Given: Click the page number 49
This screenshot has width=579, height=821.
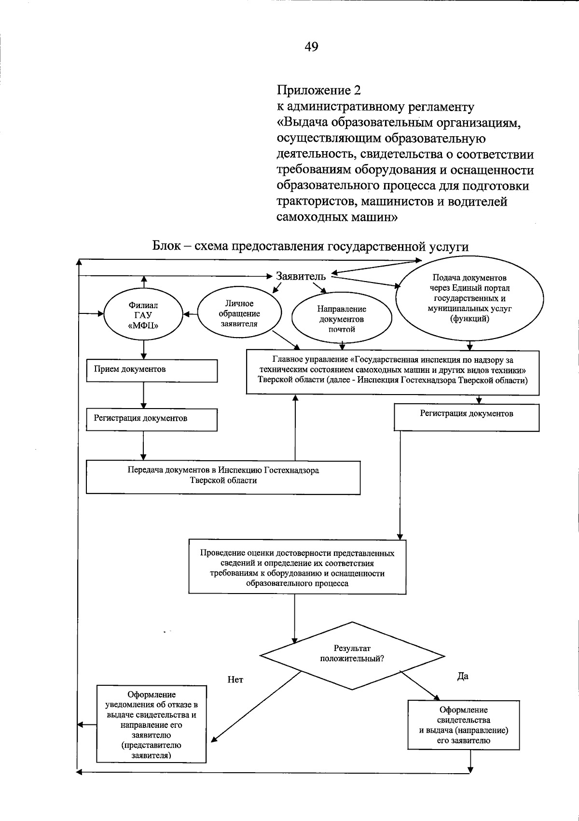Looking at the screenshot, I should point(311,46).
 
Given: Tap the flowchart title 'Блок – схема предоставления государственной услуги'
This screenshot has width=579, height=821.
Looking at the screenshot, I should point(310,246).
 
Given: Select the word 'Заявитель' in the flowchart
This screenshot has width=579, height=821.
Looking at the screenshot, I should point(301,276).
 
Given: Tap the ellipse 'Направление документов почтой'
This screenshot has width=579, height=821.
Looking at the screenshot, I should point(342,319).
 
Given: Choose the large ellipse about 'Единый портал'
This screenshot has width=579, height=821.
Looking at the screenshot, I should point(469,298).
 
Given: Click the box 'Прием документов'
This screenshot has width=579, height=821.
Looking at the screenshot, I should point(152,370).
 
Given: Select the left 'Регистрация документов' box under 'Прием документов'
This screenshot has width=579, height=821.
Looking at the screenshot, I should point(152,419).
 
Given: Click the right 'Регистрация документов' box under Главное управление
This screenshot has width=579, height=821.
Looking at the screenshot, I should point(466,417).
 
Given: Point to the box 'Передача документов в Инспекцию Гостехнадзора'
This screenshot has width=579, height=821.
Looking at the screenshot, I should point(223,476).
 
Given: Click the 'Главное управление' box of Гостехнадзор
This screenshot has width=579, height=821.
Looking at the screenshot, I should point(392,371).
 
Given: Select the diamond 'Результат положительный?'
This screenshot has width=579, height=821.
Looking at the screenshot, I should point(352,655).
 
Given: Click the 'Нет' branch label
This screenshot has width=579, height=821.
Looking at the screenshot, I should point(235,680).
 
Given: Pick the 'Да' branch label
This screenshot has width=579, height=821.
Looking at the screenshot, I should point(463,676).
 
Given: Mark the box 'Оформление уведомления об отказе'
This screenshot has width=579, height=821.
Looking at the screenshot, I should point(152,724).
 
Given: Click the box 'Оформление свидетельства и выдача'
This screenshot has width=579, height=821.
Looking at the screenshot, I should point(463,724).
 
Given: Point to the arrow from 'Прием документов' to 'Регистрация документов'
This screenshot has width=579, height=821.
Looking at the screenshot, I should point(143,396).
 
